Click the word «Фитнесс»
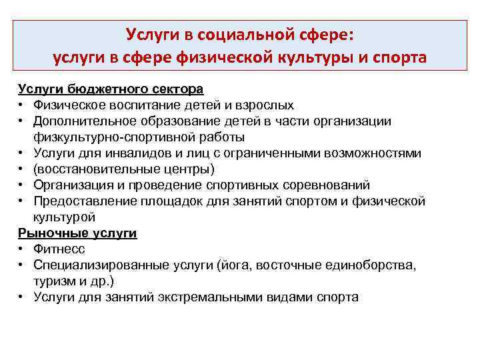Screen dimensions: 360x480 (x=57, y=249)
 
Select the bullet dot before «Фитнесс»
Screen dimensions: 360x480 (x=23, y=249)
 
